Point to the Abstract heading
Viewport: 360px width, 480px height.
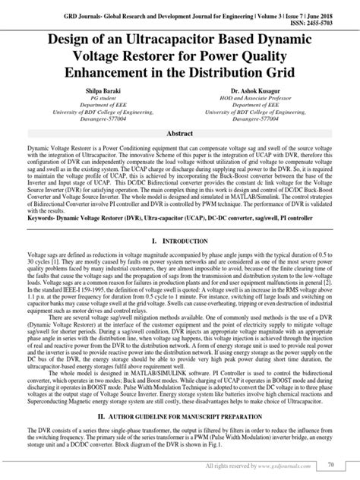point(179,131)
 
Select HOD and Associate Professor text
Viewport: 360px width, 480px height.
point(262,98)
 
